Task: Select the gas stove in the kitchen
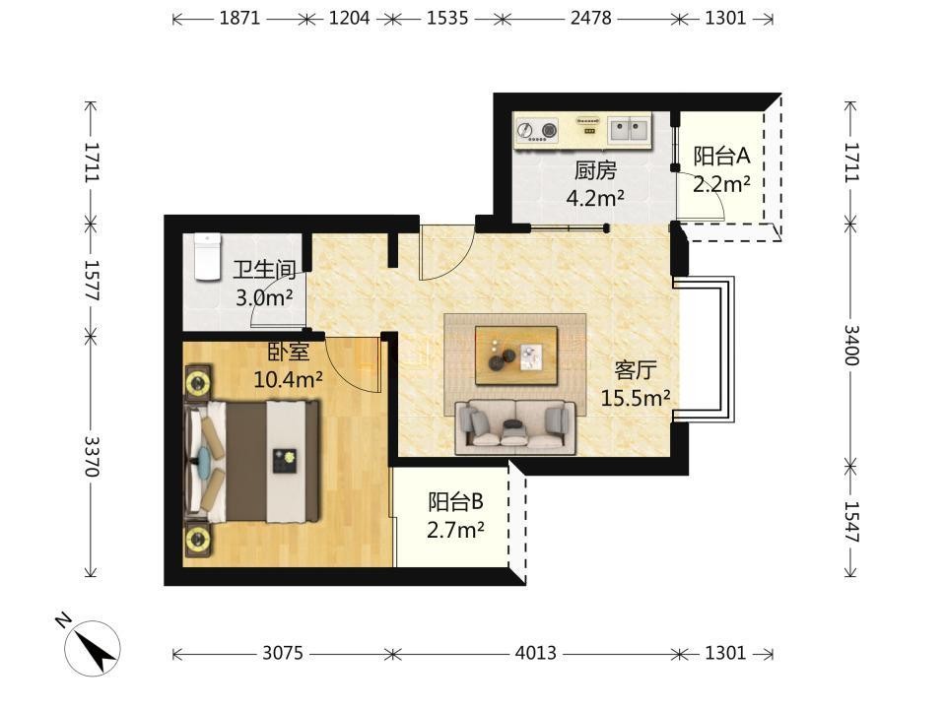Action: click(537, 131)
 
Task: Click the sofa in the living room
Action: click(515, 426)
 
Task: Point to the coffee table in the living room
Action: click(515, 355)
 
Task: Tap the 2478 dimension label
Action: click(590, 18)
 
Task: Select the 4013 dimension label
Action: click(536, 653)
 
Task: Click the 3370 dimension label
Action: click(92, 456)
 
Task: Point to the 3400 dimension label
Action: click(850, 345)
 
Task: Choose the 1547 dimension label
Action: click(850, 522)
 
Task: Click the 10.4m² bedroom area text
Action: click(288, 379)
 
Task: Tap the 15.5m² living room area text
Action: click(636, 397)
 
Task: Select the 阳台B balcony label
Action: click(455, 501)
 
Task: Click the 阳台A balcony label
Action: click(721, 157)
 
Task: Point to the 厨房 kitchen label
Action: click(595, 170)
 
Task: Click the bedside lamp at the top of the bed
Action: click(197, 382)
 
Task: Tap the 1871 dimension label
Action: click(239, 18)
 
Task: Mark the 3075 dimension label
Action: click(283, 653)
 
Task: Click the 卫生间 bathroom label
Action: click(264, 270)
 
